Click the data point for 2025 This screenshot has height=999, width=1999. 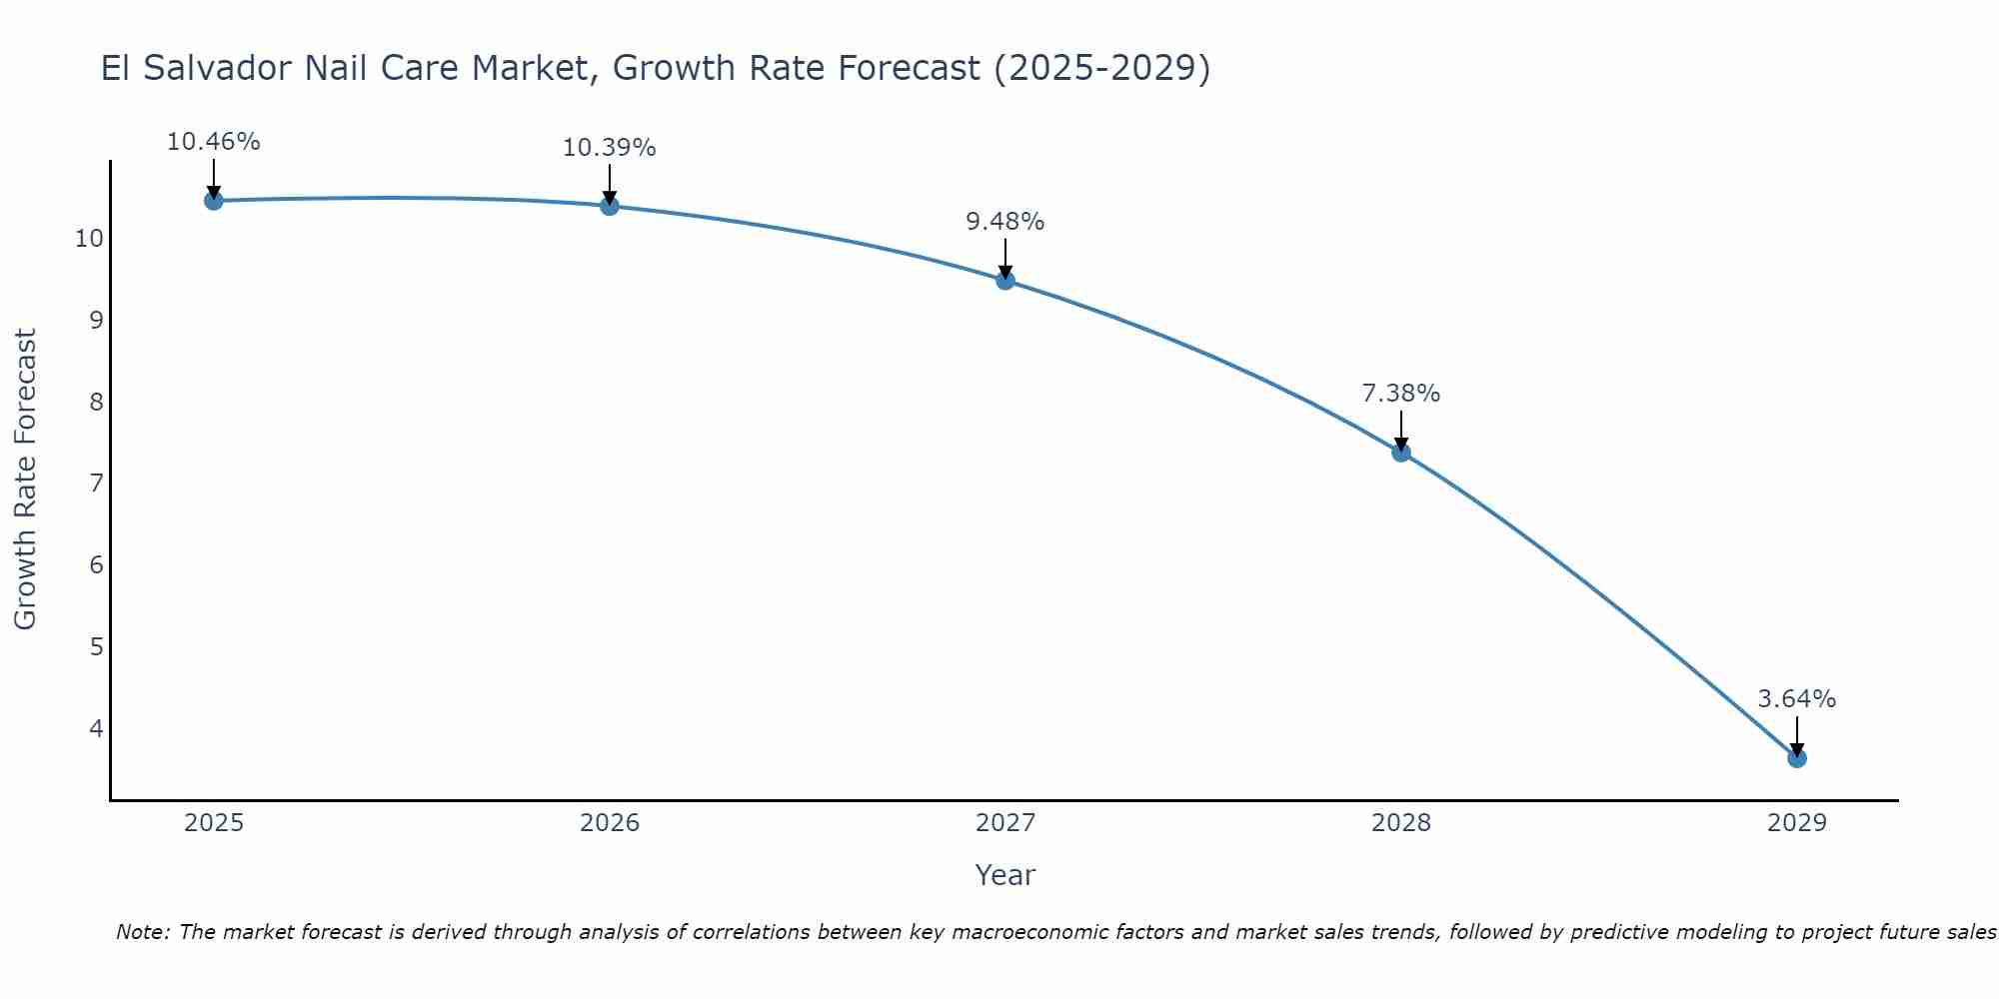(x=213, y=201)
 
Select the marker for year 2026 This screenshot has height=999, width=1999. (x=610, y=206)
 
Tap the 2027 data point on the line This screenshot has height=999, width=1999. (x=1005, y=281)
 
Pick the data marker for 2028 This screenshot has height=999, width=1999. (x=1401, y=453)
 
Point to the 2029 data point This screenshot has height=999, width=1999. (x=1797, y=758)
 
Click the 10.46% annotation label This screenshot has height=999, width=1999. (x=213, y=142)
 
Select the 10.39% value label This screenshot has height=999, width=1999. (x=610, y=148)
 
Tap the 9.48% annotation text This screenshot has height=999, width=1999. (x=1005, y=222)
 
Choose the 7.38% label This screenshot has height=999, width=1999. (x=1401, y=394)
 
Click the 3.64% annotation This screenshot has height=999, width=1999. (x=1797, y=699)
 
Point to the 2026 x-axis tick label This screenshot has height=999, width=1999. (x=610, y=823)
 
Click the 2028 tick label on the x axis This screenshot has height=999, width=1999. (x=1401, y=823)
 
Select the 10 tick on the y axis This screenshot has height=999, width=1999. (x=89, y=239)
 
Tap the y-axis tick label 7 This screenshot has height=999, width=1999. (x=96, y=484)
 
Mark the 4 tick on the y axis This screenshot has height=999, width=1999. (x=96, y=728)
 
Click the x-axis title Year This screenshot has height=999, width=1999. (x=1005, y=875)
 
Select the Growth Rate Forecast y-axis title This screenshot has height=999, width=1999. (x=26, y=480)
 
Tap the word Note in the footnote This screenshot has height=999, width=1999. (x=142, y=932)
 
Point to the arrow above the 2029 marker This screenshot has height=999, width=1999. (x=1797, y=735)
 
